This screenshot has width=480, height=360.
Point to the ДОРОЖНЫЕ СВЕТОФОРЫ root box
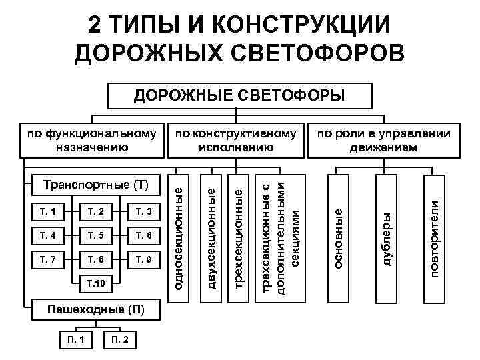click(240, 95)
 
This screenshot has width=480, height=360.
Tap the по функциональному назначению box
click(93, 140)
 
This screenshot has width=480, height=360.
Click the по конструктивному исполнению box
click(237, 140)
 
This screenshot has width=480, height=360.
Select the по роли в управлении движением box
click(383, 140)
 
